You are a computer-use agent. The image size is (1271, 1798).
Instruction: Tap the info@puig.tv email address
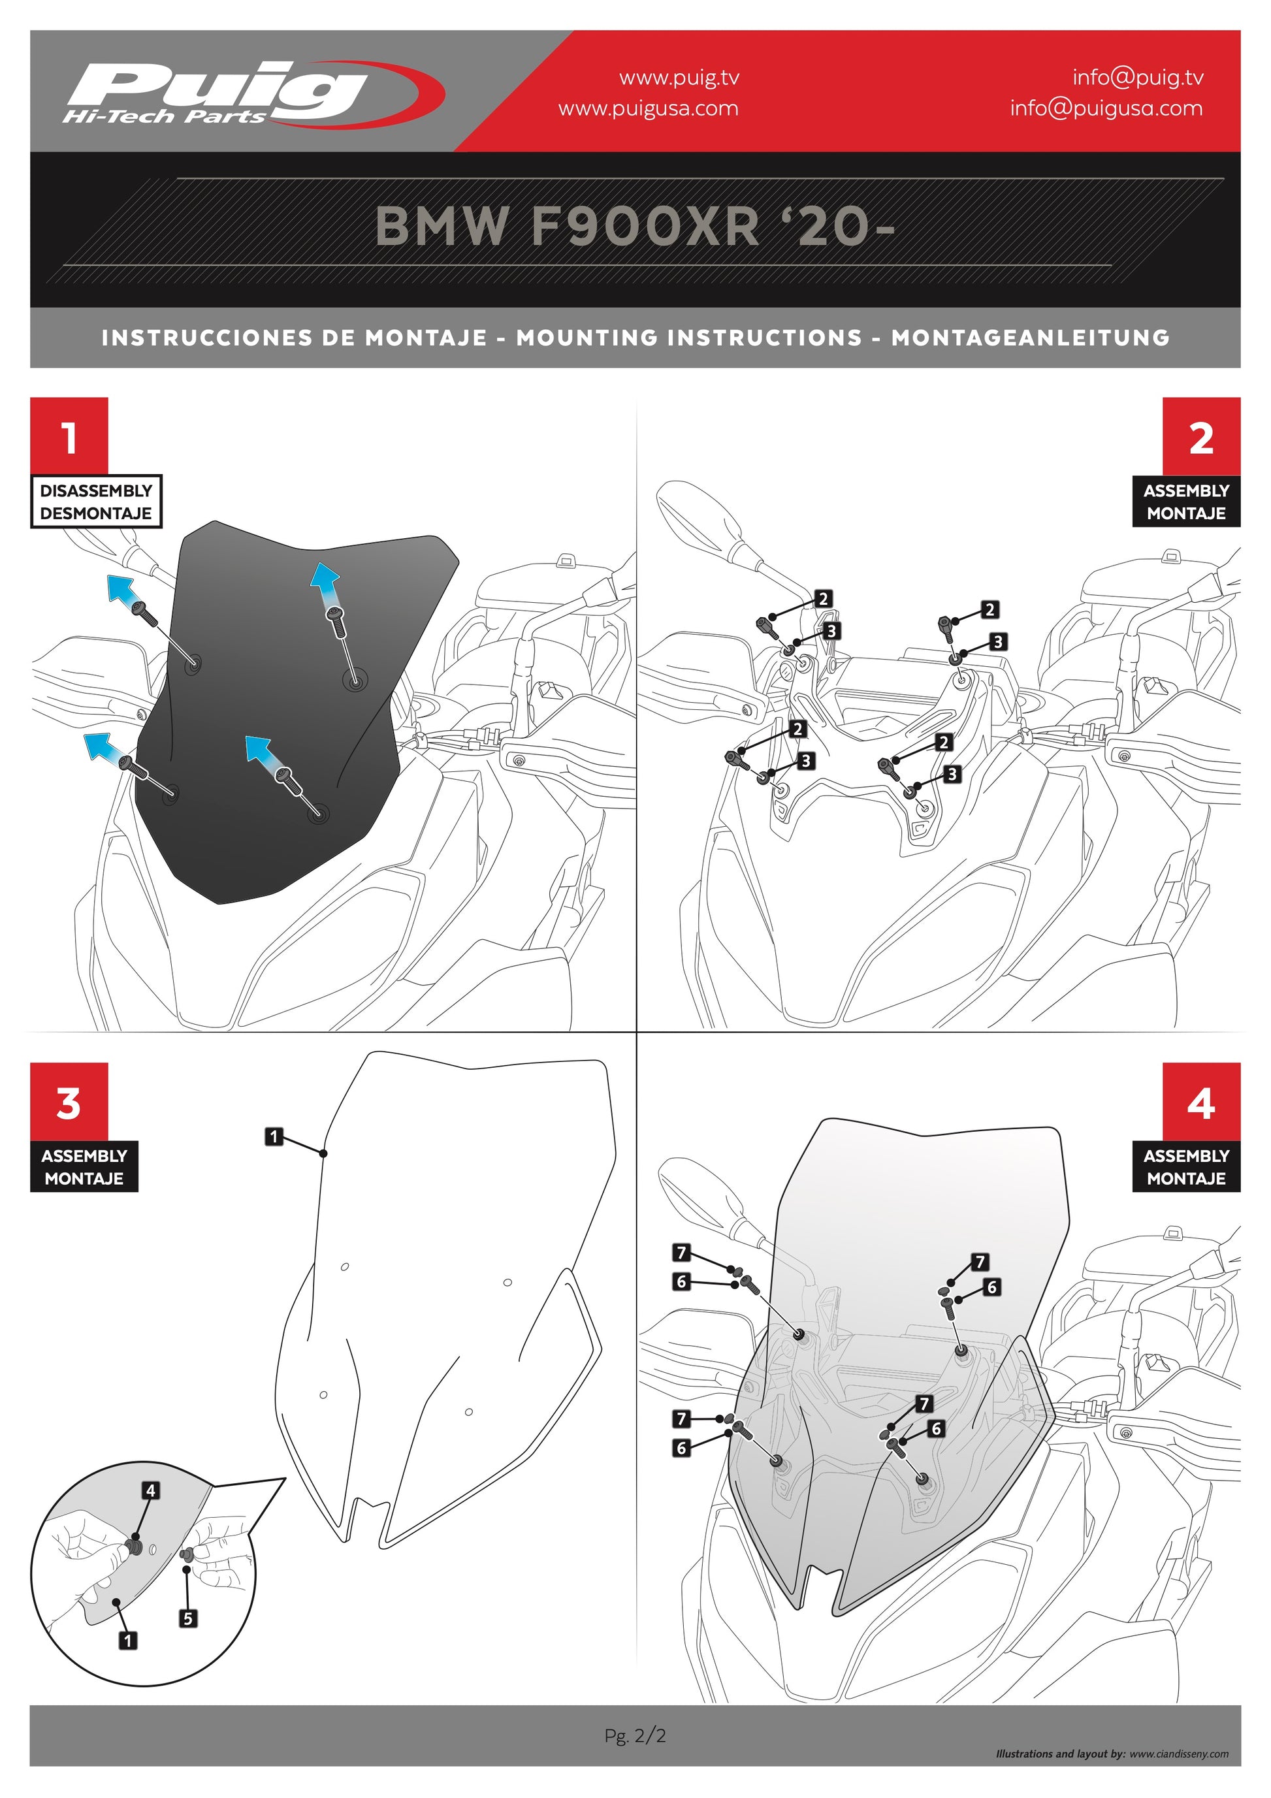coord(1138,77)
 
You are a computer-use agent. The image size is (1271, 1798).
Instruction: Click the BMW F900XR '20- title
coord(635,227)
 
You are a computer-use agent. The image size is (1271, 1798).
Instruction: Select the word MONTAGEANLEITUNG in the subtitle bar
coord(1031,338)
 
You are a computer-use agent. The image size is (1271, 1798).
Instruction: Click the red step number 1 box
coord(69,436)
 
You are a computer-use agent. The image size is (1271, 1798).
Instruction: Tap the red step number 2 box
coord(1201,436)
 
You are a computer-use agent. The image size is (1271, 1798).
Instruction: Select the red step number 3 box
coord(69,1101)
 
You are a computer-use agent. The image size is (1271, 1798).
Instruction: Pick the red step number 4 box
coord(1201,1101)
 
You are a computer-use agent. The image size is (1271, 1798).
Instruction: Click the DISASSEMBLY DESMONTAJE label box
coord(96,501)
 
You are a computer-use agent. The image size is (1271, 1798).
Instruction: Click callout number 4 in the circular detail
coord(151,1490)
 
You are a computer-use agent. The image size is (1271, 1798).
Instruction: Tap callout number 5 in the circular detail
coord(188,1618)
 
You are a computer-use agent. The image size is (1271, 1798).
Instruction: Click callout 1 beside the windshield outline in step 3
coord(273,1136)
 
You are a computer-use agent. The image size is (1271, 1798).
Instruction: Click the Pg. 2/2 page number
coord(635,1735)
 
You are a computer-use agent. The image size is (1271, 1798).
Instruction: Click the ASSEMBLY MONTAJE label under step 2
coord(1187,501)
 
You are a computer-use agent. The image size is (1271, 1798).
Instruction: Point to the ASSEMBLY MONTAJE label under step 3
coord(84,1166)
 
